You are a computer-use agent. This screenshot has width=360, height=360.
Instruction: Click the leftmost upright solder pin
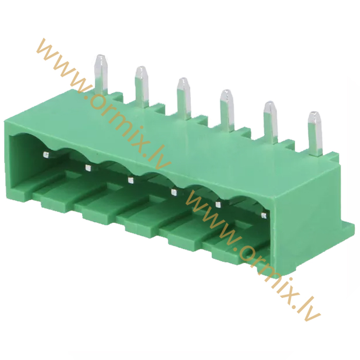pos(101,74)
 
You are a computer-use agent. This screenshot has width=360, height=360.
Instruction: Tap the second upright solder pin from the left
pos(142,87)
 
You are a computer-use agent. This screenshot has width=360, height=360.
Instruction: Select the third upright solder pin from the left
pos(184,98)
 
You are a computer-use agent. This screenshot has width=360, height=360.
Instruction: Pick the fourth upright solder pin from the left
pos(227,110)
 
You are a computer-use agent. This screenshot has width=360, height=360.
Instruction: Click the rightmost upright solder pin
pos(315,133)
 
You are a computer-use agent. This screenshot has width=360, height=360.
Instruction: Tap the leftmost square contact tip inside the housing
pos(46,155)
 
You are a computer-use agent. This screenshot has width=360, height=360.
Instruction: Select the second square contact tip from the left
pos(88,168)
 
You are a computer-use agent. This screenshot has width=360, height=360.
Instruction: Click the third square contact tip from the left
pos(131,180)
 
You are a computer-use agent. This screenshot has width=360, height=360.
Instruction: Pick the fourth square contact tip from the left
pos(174,192)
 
